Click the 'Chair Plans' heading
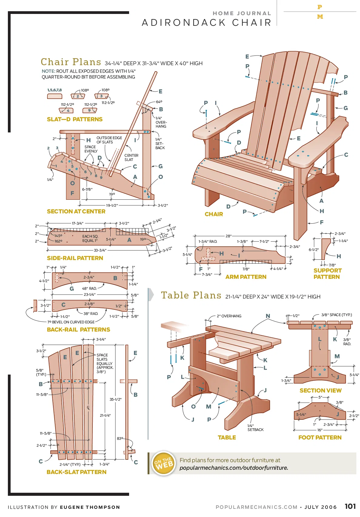[71, 62]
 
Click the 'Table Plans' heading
[191, 295]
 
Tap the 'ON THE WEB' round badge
[164, 463]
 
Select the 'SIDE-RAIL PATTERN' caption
[75, 258]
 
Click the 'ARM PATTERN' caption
[246, 277]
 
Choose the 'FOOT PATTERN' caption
[320, 437]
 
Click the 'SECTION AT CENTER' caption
[76, 212]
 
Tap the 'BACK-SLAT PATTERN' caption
[76, 472]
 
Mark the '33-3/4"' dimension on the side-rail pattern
[100, 250]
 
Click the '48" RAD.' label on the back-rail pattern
[89, 288]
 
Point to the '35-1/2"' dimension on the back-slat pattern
[115, 399]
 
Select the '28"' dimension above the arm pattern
[228, 236]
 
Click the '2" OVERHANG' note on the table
[229, 316]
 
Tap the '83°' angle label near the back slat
[120, 439]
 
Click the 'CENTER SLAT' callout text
[131, 157]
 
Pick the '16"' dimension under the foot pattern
[320, 430]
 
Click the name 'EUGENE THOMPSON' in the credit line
[90, 507]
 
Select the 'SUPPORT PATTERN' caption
[327, 274]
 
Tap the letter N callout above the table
[268, 316]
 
